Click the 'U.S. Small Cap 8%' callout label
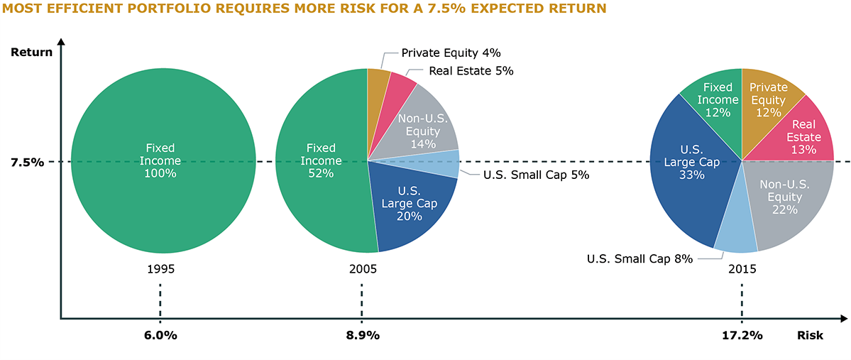639,259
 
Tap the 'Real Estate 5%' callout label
471,71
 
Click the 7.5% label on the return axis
27,162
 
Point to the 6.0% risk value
160,335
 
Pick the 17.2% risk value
742,335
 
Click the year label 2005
363,270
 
